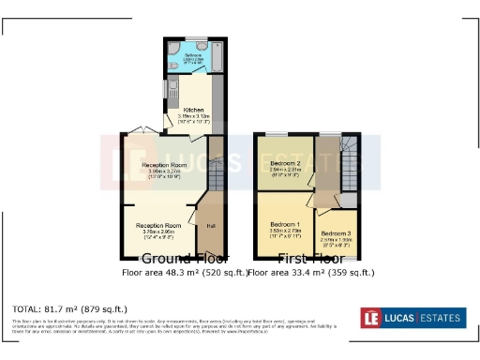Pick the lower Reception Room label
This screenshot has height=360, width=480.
click(x=157, y=226)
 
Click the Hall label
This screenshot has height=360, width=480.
click(x=211, y=226)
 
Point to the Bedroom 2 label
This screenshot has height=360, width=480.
click(x=285, y=164)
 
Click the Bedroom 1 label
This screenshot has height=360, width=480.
click(x=285, y=225)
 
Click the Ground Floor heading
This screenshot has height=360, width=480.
click(x=168, y=258)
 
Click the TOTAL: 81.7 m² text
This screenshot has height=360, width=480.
click(x=69, y=308)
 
